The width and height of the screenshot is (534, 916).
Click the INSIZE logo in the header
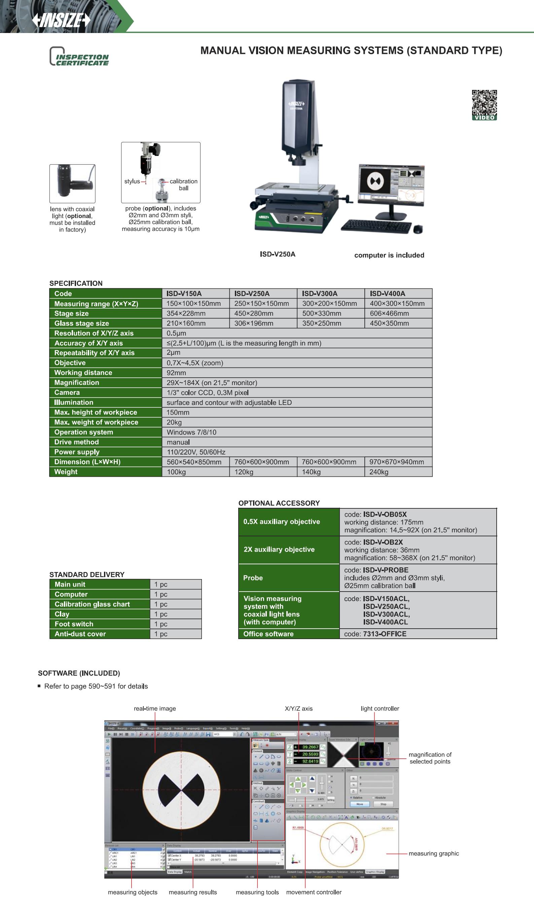click(x=61, y=20)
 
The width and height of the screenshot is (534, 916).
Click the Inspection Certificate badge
click(x=79, y=57)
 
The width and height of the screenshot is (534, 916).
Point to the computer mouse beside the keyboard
click(x=418, y=229)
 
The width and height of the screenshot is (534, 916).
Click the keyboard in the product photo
click(x=376, y=226)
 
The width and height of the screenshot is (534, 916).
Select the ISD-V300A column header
click(x=319, y=293)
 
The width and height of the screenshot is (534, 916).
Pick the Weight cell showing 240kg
click(x=379, y=472)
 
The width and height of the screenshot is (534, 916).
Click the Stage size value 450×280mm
click(x=253, y=313)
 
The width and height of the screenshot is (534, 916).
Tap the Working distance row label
click(x=83, y=373)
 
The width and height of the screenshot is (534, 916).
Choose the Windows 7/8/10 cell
click(x=191, y=432)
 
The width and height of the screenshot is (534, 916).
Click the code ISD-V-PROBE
click(x=386, y=570)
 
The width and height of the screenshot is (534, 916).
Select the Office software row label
click(x=268, y=634)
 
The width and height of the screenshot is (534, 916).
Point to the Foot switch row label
click(x=74, y=624)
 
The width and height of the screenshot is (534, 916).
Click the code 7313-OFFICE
click(x=385, y=634)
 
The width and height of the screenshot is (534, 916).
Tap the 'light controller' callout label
click(x=380, y=708)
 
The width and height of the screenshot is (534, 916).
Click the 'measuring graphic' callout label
click(x=433, y=853)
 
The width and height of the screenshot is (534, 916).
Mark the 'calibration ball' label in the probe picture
click(x=183, y=185)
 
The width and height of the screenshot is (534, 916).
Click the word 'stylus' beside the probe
click(x=132, y=181)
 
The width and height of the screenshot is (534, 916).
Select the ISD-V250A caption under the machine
click(x=277, y=254)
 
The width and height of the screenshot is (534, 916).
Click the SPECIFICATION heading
click(x=76, y=283)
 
